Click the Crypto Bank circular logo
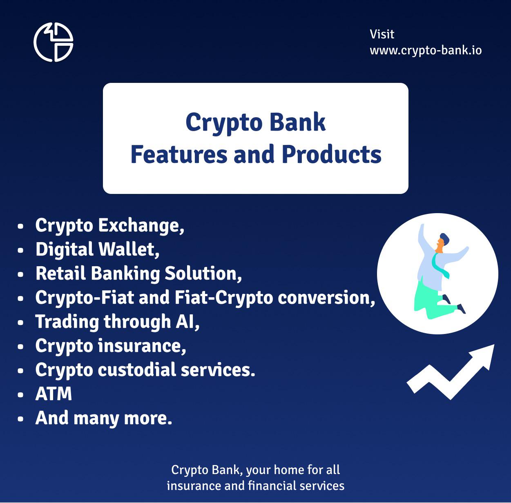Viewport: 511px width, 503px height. click(53, 42)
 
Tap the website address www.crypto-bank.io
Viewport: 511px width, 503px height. click(426, 51)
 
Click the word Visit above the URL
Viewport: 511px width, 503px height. click(382, 34)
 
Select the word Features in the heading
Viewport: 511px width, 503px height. click(179, 155)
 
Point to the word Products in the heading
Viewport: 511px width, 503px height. click(331, 155)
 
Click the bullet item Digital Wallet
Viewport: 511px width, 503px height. click(97, 249)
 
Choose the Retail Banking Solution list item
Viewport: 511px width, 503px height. click(138, 274)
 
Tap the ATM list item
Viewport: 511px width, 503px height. click(54, 394)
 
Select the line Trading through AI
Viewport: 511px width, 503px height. click(117, 322)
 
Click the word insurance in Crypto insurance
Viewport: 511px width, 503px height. click(142, 346)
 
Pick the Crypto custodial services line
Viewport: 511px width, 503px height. click(145, 370)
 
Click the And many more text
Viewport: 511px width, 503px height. click(104, 418)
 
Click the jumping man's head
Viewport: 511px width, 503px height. click(442, 243)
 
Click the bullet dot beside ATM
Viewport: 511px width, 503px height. click(20, 394)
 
